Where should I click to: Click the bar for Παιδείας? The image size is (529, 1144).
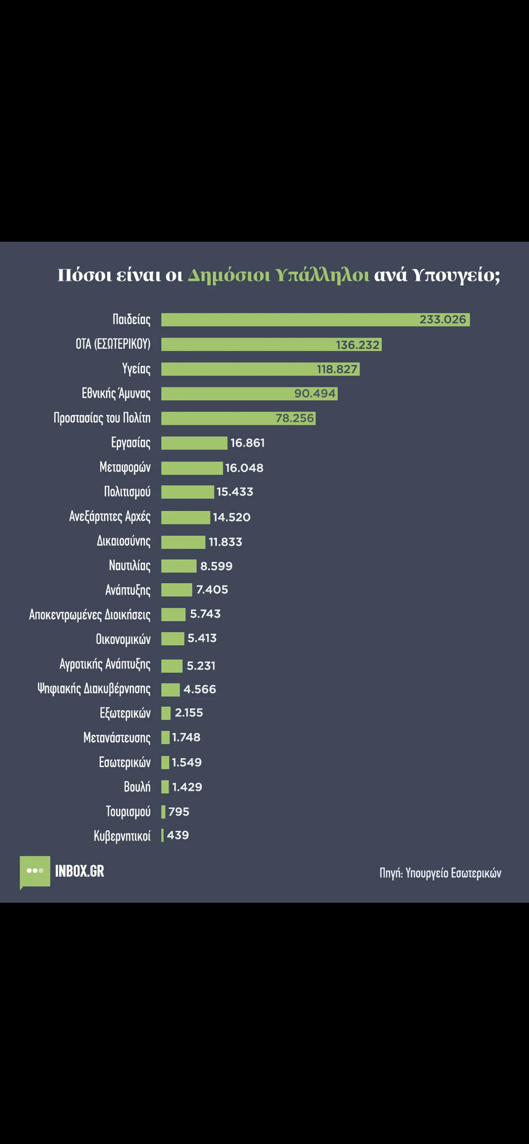[x=289, y=319]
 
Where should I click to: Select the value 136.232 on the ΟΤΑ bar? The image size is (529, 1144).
[x=357, y=345]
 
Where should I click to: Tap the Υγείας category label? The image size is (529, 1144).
[x=136, y=369]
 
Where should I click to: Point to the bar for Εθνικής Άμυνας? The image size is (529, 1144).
[x=226, y=394]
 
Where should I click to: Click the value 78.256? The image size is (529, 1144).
[x=294, y=418]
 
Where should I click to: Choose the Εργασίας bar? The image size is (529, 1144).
[x=194, y=443]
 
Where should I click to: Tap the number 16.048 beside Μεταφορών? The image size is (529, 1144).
[x=244, y=468]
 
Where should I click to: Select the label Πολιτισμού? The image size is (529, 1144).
[x=127, y=492]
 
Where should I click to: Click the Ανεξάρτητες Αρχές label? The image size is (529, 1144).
[x=109, y=516]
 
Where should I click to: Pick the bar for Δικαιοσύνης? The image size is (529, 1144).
[x=183, y=542]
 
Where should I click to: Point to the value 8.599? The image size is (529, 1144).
[x=216, y=566]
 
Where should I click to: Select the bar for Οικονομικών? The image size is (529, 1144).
[x=173, y=639]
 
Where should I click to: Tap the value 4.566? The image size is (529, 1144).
[x=199, y=689]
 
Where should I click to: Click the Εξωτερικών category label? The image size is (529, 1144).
[x=125, y=713]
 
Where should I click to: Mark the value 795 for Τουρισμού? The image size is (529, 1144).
[x=179, y=811]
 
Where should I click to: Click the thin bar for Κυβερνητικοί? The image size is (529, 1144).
[x=162, y=835]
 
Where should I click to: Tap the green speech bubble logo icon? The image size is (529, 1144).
[x=35, y=871]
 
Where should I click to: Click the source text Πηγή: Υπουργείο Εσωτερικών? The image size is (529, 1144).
[x=440, y=873]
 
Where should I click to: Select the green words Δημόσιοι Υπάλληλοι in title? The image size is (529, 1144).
[x=279, y=275]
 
